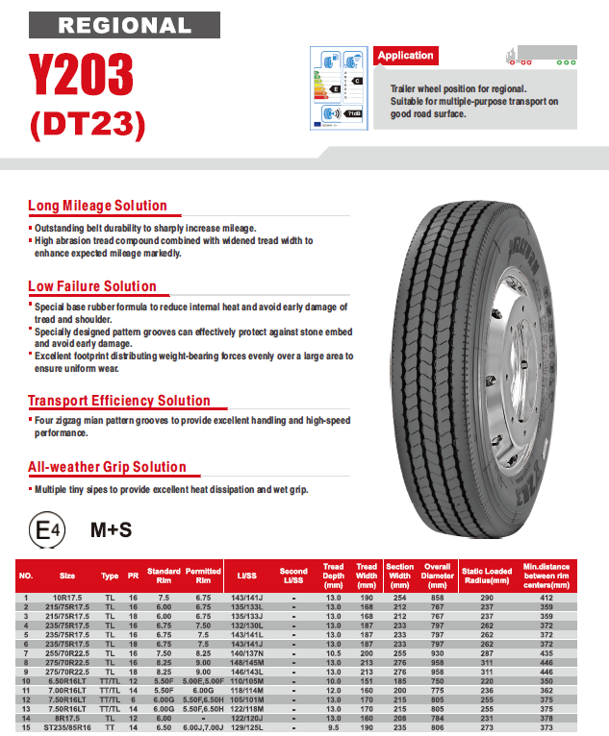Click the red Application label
(406, 56)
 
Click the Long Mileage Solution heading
(97, 206)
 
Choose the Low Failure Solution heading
(92, 286)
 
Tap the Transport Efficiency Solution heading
(119, 401)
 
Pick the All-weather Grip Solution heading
(108, 468)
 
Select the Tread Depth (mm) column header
(333, 576)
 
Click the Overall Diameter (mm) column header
(438, 576)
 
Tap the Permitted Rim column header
(203, 576)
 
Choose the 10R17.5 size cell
(67, 598)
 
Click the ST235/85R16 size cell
(67, 728)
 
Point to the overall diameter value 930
(438, 653)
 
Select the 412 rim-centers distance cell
(546, 598)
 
